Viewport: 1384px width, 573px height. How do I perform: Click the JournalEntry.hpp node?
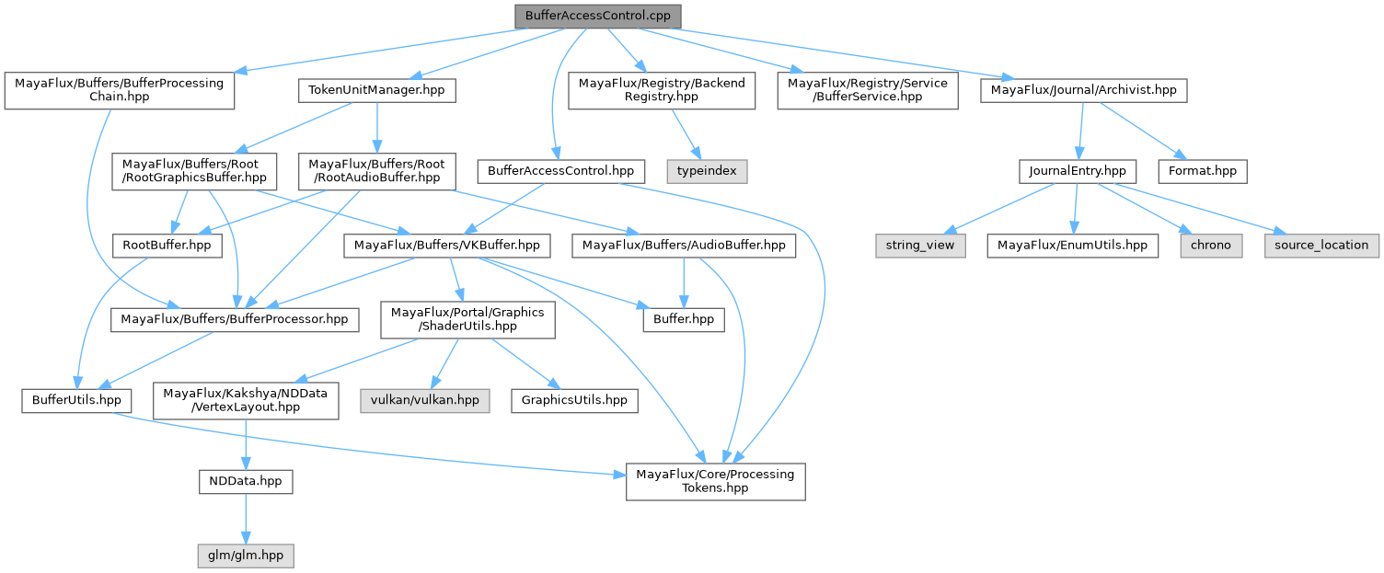1077,170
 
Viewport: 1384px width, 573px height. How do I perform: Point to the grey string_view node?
919,245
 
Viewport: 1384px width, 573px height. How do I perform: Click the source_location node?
1321,245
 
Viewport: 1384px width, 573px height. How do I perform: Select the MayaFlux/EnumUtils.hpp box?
1072,245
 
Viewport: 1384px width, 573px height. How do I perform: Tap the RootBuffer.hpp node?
167,245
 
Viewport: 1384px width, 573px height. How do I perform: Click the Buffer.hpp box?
683,319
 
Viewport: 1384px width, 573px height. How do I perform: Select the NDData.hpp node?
246,480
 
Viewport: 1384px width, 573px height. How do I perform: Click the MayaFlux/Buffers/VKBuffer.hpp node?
448,245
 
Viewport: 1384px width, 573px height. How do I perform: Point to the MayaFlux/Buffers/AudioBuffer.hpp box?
683,245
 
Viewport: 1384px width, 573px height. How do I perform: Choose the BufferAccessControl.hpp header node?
560,170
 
